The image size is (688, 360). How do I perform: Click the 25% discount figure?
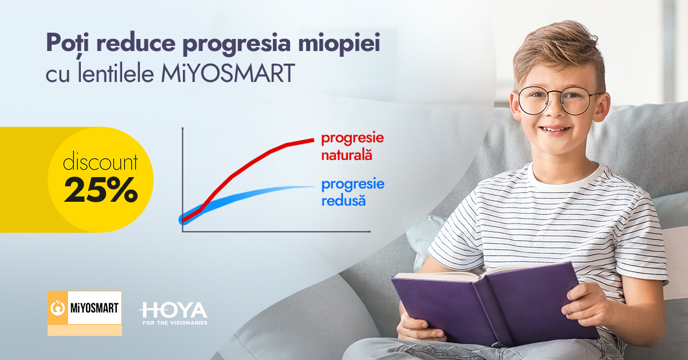tap(100, 191)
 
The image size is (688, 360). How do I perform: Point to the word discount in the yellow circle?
tap(100, 163)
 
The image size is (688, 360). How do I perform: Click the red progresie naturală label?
tap(352, 146)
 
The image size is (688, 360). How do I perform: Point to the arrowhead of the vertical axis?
tap(182, 131)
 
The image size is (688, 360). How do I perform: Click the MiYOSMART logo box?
tap(85, 312)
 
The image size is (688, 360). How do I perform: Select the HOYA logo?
tap(173, 310)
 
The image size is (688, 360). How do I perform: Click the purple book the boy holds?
tap(493, 304)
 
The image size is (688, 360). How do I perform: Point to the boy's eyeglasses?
tap(559, 100)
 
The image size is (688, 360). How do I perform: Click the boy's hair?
tap(556, 52)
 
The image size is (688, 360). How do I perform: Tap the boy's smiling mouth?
tap(555, 129)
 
